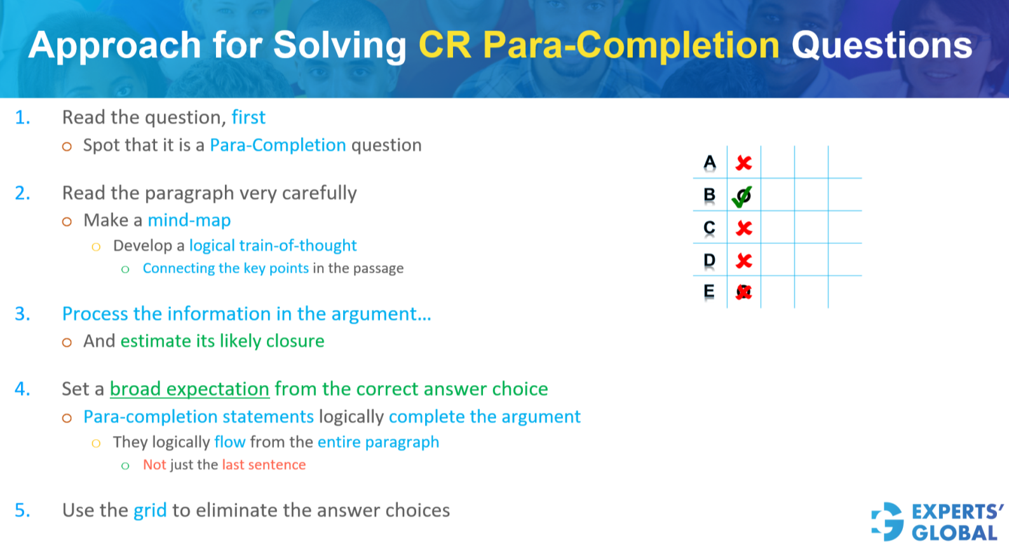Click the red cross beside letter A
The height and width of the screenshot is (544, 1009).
coord(743,163)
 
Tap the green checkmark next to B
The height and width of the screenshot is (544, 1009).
coord(742,197)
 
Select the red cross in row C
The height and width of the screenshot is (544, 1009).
coord(743,228)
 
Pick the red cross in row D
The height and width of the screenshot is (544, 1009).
coord(743,261)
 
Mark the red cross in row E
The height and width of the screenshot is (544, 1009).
coord(743,292)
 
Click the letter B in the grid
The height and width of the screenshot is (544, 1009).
coord(710,194)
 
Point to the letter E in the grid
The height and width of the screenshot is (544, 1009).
coord(709,291)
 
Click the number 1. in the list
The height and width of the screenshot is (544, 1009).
coord(22,118)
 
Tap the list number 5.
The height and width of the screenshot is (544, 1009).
coord(22,511)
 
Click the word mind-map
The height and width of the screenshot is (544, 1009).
coord(189,221)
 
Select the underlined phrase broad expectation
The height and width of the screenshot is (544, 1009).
coord(189,389)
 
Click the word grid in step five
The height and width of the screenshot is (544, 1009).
coord(150,511)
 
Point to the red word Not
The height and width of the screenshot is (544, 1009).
coord(154,465)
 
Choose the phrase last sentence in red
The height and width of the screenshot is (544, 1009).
coord(264,465)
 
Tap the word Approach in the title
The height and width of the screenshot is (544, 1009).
coord(114,46)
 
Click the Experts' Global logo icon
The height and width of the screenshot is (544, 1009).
coord(888,522)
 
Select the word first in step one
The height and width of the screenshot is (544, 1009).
coord(248,117)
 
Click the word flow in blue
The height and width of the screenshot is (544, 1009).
coord(230,442)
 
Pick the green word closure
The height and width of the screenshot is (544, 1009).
coord(295,341)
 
